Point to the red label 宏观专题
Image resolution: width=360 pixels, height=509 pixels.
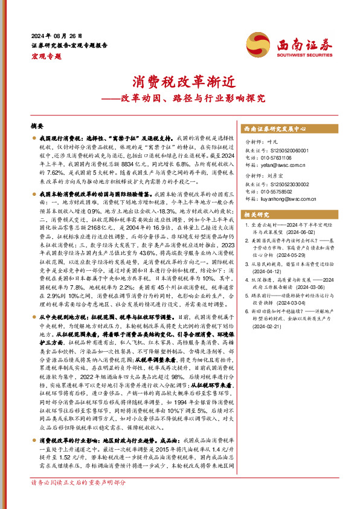click(x=43, y=55)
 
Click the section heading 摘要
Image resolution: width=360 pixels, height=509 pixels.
click(x=37, y=126)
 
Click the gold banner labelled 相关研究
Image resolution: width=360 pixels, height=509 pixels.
click(x=257, y=215)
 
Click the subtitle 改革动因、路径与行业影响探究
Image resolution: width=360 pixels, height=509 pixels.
click(x=183, y=97)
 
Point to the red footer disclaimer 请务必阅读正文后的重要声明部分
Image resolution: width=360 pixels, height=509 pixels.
click(x=79, y=500)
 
